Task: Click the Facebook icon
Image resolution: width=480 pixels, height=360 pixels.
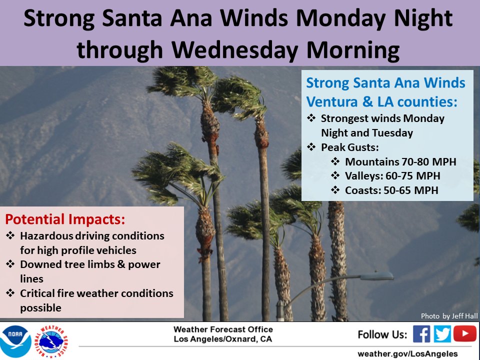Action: coord(421,333)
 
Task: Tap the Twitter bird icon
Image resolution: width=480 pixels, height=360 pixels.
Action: coord(442,333)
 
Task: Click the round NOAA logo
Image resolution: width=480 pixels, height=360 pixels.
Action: coord(15,341)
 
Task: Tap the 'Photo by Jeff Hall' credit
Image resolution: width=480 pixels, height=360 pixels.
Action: coord(449,315)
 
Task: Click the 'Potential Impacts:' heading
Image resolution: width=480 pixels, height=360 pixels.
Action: coord(65,219)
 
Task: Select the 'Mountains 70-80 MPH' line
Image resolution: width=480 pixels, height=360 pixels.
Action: coord(400,162)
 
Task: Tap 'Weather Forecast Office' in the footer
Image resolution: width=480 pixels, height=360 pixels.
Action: coord(223,329)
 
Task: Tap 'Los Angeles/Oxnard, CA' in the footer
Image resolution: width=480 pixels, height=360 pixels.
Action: coord(223,339)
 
